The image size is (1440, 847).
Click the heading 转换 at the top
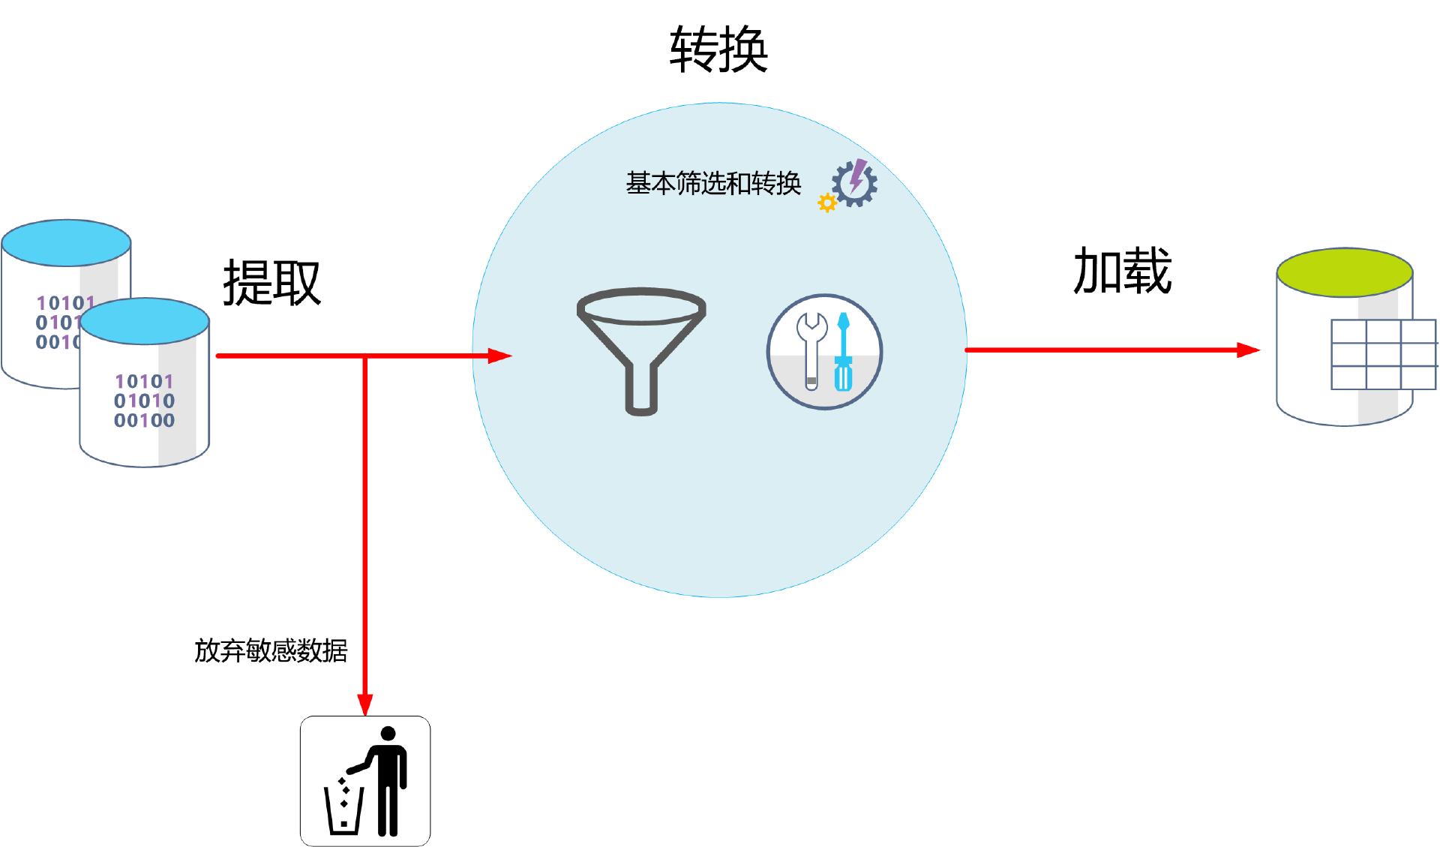click(x=718, y=50)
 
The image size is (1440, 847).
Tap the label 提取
click(x=271, y=283)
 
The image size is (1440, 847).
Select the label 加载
click(x=1122, y=271)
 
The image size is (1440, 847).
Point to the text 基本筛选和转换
click(x=713, y=184)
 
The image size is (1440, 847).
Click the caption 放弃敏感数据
click(x=271, y=650)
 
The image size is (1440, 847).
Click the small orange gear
click(x=826, y=203)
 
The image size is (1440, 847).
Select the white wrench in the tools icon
click(x=811, y=349)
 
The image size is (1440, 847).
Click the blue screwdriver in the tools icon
click(x=844, y=352)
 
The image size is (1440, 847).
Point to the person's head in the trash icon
click(x=388, y=733)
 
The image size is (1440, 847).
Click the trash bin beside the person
click(x=343, y=810)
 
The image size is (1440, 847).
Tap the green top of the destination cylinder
click(x=1345, y=272)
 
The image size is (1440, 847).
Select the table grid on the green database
click(x=1383, y=354)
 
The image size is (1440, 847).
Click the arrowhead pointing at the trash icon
click(x=365, y=704)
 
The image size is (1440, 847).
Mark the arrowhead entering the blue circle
click(x=499, y=356)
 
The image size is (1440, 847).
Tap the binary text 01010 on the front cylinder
click(x=144, y=401)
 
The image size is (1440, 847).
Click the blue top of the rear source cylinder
click(x=66, y=242)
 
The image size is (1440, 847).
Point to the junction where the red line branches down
click(x=365, y=356)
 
